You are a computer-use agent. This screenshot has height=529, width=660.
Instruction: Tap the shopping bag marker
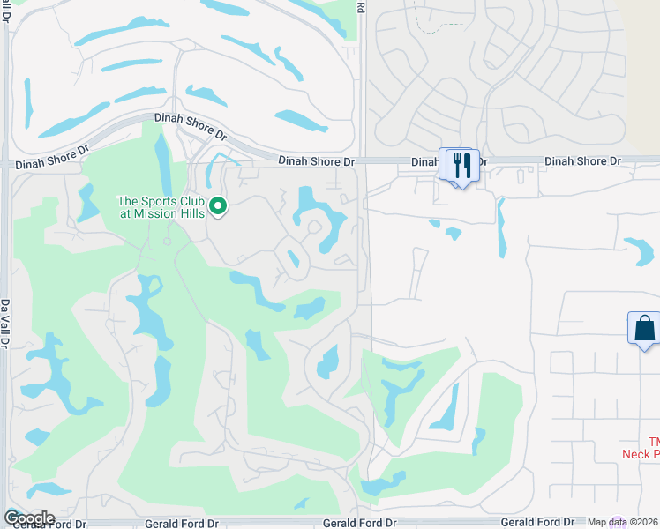point(644,328)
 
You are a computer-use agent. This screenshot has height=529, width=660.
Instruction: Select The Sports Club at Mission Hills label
point(161,207)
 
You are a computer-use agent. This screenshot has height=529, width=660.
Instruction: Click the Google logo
point(29,518)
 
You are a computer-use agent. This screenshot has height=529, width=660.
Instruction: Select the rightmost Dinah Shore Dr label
point(582,161)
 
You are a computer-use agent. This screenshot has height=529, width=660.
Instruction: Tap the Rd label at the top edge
point(360,6)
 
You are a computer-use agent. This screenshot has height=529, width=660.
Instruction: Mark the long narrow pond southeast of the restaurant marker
point(501,227)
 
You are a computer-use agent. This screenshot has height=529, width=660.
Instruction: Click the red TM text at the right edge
point(654,441)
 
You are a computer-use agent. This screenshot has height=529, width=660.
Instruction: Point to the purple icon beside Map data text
point(618,523)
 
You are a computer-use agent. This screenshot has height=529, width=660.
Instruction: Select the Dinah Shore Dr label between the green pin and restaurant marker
point(316,161)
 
